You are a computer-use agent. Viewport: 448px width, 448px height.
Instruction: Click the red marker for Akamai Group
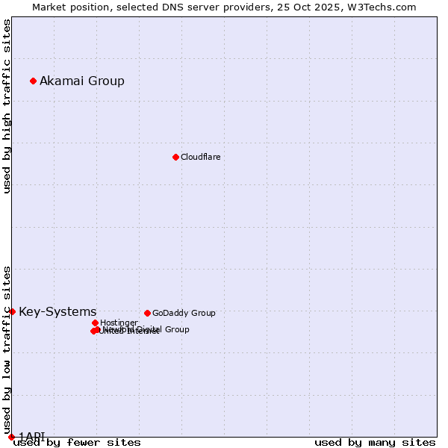pos(33,81)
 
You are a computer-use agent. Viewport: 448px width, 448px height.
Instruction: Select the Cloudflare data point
pos(175,157)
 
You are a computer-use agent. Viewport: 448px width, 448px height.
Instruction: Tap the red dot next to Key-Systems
pos(12,311)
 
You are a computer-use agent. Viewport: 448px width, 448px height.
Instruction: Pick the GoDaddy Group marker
pos(147,313)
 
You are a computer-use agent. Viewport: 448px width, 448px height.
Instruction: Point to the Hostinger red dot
pos(95,323)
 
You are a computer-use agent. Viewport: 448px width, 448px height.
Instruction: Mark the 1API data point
pos(11,437)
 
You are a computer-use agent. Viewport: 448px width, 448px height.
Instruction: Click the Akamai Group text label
pos(82,81)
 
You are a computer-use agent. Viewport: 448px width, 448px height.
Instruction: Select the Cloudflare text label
pos(200,157)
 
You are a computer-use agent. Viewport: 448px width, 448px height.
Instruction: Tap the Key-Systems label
pos(57,311)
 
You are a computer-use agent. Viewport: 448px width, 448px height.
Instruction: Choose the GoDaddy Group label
pos(184,313)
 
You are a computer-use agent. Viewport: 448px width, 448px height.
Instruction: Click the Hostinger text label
pos(119,323)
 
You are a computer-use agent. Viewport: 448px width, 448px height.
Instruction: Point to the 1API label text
pos(32,436)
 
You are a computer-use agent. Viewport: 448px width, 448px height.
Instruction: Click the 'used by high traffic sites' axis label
pos(7,106)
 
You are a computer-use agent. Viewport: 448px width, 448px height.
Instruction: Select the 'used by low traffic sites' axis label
pos(7,345)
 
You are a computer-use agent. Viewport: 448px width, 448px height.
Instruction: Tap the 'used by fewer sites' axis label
pos(77,442)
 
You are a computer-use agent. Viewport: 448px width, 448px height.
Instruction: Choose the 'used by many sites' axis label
pos(375,442)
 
